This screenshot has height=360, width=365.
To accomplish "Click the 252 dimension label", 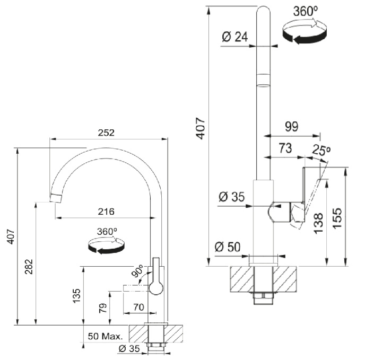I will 107,133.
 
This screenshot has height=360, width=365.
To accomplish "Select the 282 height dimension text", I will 29,268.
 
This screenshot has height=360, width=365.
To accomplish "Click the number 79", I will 102,308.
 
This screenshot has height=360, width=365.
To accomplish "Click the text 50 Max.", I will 105,337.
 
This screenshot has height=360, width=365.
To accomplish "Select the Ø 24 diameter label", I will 233,37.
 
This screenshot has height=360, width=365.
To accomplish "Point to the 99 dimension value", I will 291,126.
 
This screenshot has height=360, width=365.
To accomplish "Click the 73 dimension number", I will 285,149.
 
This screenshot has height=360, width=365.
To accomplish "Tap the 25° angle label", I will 321,150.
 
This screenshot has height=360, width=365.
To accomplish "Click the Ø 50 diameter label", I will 227,247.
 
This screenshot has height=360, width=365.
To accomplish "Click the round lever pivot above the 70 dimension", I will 157,287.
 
